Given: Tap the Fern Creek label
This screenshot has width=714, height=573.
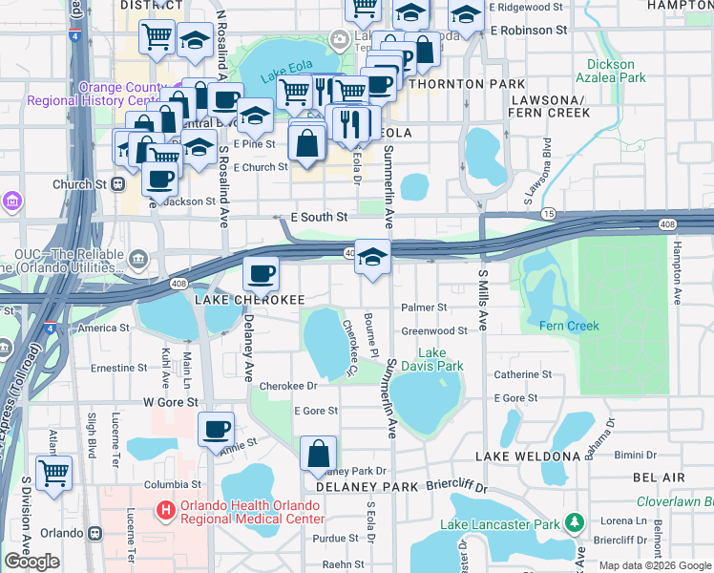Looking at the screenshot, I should coord(569,326).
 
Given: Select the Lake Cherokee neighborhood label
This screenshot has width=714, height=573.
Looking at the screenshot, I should coord(250,300).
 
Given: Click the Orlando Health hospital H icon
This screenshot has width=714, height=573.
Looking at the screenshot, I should coord(166,510).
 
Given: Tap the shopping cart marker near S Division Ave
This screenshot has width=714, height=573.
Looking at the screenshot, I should coord(53,472).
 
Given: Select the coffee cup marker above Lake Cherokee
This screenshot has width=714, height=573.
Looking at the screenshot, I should coord(261,275).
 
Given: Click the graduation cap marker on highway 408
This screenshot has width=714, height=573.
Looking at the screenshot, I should coord(373,256).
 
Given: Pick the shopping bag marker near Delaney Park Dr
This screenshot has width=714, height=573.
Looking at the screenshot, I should coord(319,454).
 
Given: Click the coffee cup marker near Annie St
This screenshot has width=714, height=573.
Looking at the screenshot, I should coord(217,429).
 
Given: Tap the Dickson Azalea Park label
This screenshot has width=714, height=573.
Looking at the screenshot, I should coord(611,71).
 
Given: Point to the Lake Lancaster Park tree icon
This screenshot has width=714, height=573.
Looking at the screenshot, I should coord(574,523).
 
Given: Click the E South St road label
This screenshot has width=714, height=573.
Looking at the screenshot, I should coord(318,218).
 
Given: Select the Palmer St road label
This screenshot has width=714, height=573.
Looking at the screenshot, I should coord(424,308).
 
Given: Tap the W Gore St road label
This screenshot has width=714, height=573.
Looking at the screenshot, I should coord(170,402).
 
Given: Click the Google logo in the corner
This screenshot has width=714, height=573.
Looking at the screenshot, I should coord(31,562).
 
